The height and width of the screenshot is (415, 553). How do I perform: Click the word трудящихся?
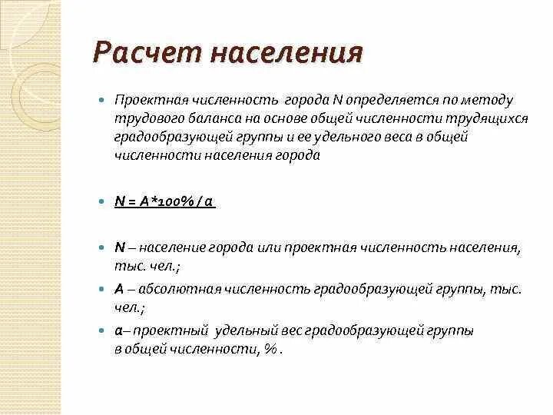pos(474,119)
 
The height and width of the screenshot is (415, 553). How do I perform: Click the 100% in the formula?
pos(174,202)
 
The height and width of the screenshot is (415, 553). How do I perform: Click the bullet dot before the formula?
pos(101,201)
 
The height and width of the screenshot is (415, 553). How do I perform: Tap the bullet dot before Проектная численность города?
pos(101,101)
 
